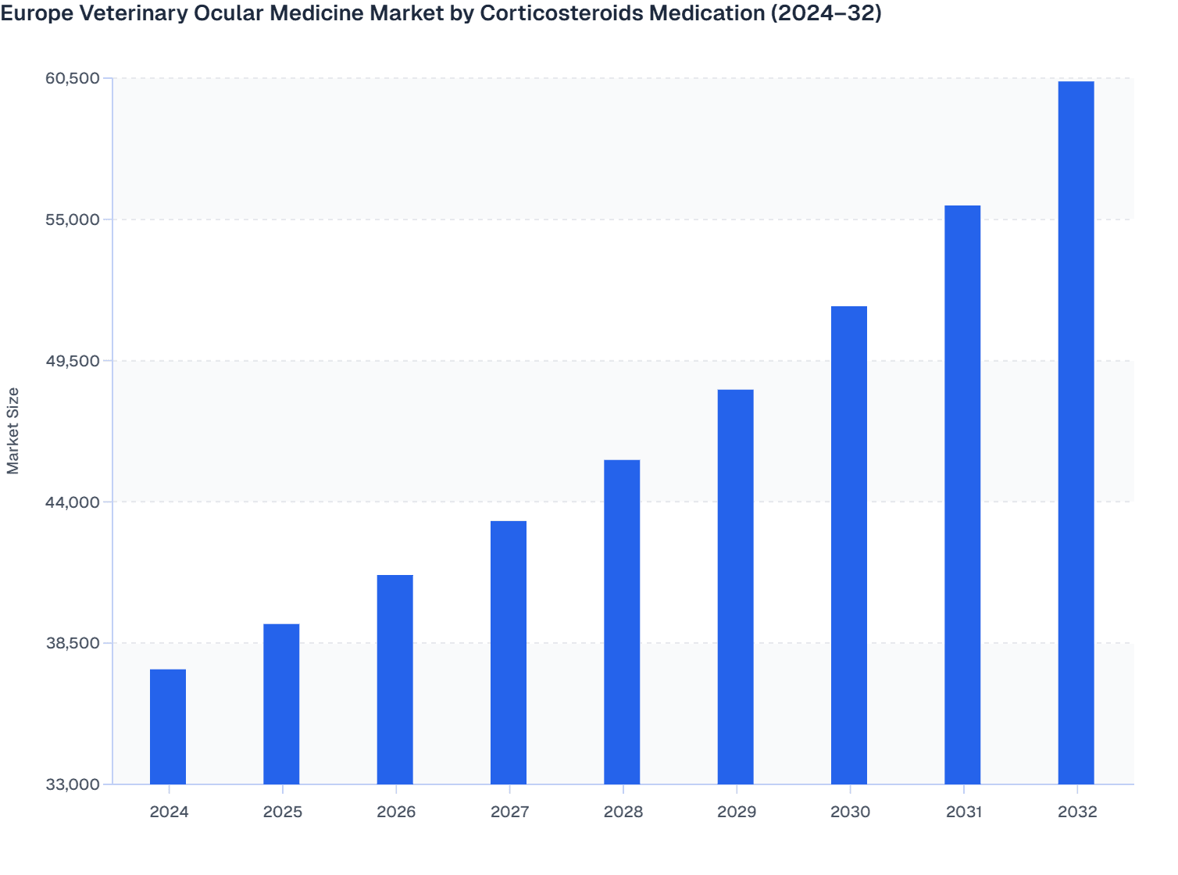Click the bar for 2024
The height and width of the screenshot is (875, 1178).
[168, 727]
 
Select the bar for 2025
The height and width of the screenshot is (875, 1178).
[281, 703]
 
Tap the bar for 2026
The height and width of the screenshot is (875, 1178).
[395, 679]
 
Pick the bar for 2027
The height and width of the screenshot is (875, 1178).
[509, 652]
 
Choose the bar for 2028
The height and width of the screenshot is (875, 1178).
[622, 622]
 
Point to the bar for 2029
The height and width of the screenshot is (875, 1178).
[736, 586]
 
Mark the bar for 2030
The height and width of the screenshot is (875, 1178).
[849, 545]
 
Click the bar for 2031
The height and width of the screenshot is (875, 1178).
[962, 495]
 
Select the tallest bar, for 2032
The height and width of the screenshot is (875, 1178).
[1076, 432]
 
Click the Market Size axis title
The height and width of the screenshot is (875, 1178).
[12, 430]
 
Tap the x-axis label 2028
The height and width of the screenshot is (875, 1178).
[623, 812]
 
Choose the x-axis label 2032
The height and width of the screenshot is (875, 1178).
[1077, 812]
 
